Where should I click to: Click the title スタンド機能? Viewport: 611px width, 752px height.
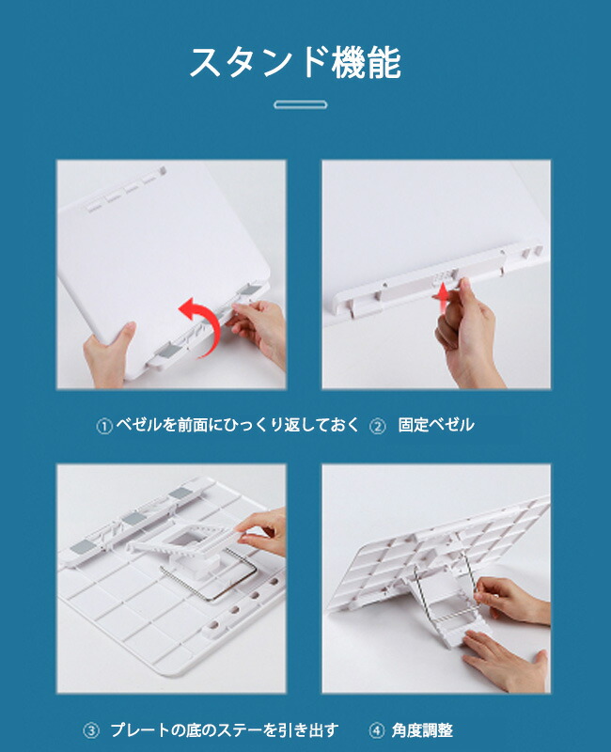coord(295,62)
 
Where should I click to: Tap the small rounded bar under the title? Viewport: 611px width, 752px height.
coord(301,104)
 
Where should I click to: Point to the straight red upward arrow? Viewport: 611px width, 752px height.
coord(444,296)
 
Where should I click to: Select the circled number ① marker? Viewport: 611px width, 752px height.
coord(104,426)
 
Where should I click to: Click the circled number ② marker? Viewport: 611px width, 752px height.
coord(378,426)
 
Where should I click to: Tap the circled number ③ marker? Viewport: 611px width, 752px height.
coord(91,731)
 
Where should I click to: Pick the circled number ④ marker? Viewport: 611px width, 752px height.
coord(377,731)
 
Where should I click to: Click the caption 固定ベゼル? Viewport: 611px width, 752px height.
coord(436,425)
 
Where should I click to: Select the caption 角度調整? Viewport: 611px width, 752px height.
coord(422,730)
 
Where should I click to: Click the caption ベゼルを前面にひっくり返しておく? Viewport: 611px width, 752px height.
coord(238,425)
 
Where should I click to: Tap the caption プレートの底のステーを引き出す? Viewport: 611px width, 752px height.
coord(225,730)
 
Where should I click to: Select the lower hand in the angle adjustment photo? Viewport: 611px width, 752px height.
coord(506,660)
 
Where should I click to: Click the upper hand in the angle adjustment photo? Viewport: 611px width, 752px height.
coord(510,600)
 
